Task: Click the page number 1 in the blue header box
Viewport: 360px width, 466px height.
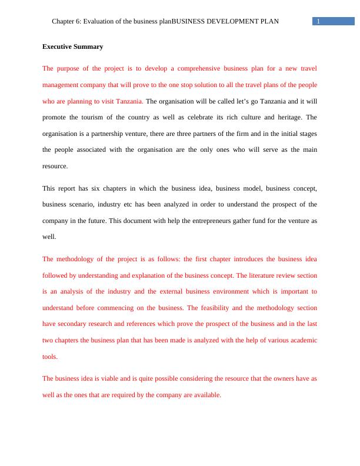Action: coord(318,22)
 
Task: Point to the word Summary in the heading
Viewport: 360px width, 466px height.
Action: coord(90,46)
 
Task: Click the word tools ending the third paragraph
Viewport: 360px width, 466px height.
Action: coord(50,357)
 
